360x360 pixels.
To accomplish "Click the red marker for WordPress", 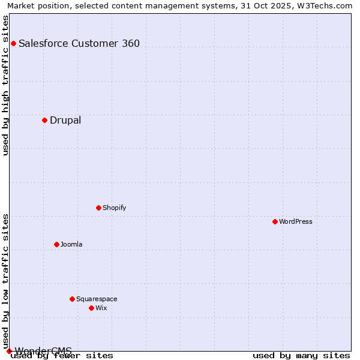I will click(x=275, y=221).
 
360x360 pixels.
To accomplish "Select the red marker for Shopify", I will click(x=98, y=208).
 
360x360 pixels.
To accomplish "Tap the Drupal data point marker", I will click(x=44, y=120).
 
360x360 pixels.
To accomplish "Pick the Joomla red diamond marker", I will click(x=56, y=244).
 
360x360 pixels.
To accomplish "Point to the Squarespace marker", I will click(x=72, y=299).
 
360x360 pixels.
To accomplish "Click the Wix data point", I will click(x=91, y=308).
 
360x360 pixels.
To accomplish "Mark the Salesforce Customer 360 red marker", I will click(x=13, y=43).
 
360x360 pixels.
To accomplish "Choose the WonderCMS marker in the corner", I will click(x=9, y=351).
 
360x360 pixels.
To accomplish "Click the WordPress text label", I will click(x=296, y=221).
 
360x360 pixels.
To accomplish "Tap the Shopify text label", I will click(x=114, y=208).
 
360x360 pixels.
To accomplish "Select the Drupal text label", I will click(x=65, y=120).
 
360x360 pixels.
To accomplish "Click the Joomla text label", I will click(x=71, y=244).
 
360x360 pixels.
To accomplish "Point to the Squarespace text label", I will click(x=97, y=299).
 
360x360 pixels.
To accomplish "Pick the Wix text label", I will click(x=101, y=308).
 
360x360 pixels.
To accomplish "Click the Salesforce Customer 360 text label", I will click(x=79, y=43).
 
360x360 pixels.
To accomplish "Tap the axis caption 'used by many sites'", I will click(x=301, y=355).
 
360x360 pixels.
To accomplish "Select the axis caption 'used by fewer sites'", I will click(x=62, y=355).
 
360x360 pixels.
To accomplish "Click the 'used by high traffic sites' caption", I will click(x=6, y=85).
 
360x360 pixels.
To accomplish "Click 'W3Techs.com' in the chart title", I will click(x=324, y=6).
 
